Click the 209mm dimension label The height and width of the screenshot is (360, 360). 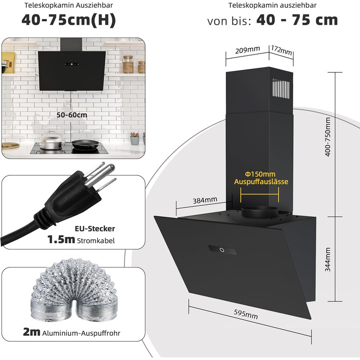tap(247, 50)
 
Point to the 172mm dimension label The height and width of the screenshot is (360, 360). tap(281, 50)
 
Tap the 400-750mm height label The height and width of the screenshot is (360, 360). tap(328, 137)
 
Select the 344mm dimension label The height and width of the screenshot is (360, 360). tap(328, 259)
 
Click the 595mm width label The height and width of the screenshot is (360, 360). tap(246, 314)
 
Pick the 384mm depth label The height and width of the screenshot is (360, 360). tap(205, 200)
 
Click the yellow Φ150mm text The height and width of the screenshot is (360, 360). tap(260, 174)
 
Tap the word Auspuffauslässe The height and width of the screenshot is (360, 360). tap(261, 182)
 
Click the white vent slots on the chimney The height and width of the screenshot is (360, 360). tap(281, 88)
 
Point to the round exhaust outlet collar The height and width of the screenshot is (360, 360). tap(260, 213)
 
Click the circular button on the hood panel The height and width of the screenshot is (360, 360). tap(222, 250)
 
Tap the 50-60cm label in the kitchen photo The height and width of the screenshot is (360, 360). tap(72, 115)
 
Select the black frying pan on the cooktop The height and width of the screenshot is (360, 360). tap(85, 145)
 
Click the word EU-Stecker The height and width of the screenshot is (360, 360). tap(95, 228)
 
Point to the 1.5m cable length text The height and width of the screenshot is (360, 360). tap(61, 240)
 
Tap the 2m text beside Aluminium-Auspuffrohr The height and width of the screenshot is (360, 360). tap(31, 332)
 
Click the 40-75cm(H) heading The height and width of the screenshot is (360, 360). tap(68, 20)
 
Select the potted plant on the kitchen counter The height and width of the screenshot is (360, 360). tap(135, 138)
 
